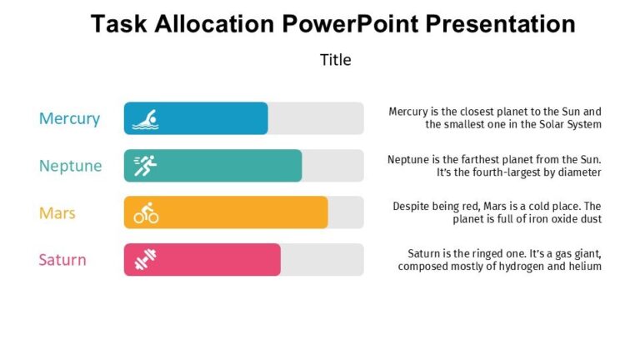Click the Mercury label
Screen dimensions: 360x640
[x=69, y=118]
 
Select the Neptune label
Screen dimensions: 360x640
[x=70, y=166]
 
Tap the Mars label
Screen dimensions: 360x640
[x=57, y=212]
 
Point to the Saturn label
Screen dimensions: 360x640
[x=62, y=260]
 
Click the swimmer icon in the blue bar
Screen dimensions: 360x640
[x=146, y=119]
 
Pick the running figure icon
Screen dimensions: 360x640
[x=146, y=166]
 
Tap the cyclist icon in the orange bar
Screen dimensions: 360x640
[x=146, y=213]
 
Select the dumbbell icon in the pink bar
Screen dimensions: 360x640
[x=146, y=260]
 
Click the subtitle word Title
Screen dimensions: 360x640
[x=335, y=60]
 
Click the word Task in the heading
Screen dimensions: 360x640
[x=116, y=23]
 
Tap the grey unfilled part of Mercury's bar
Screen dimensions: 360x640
[x=316, y=118]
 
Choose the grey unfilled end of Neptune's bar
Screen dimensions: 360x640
[x=332, y=166]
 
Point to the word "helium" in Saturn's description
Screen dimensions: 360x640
[x=583, y=267]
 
